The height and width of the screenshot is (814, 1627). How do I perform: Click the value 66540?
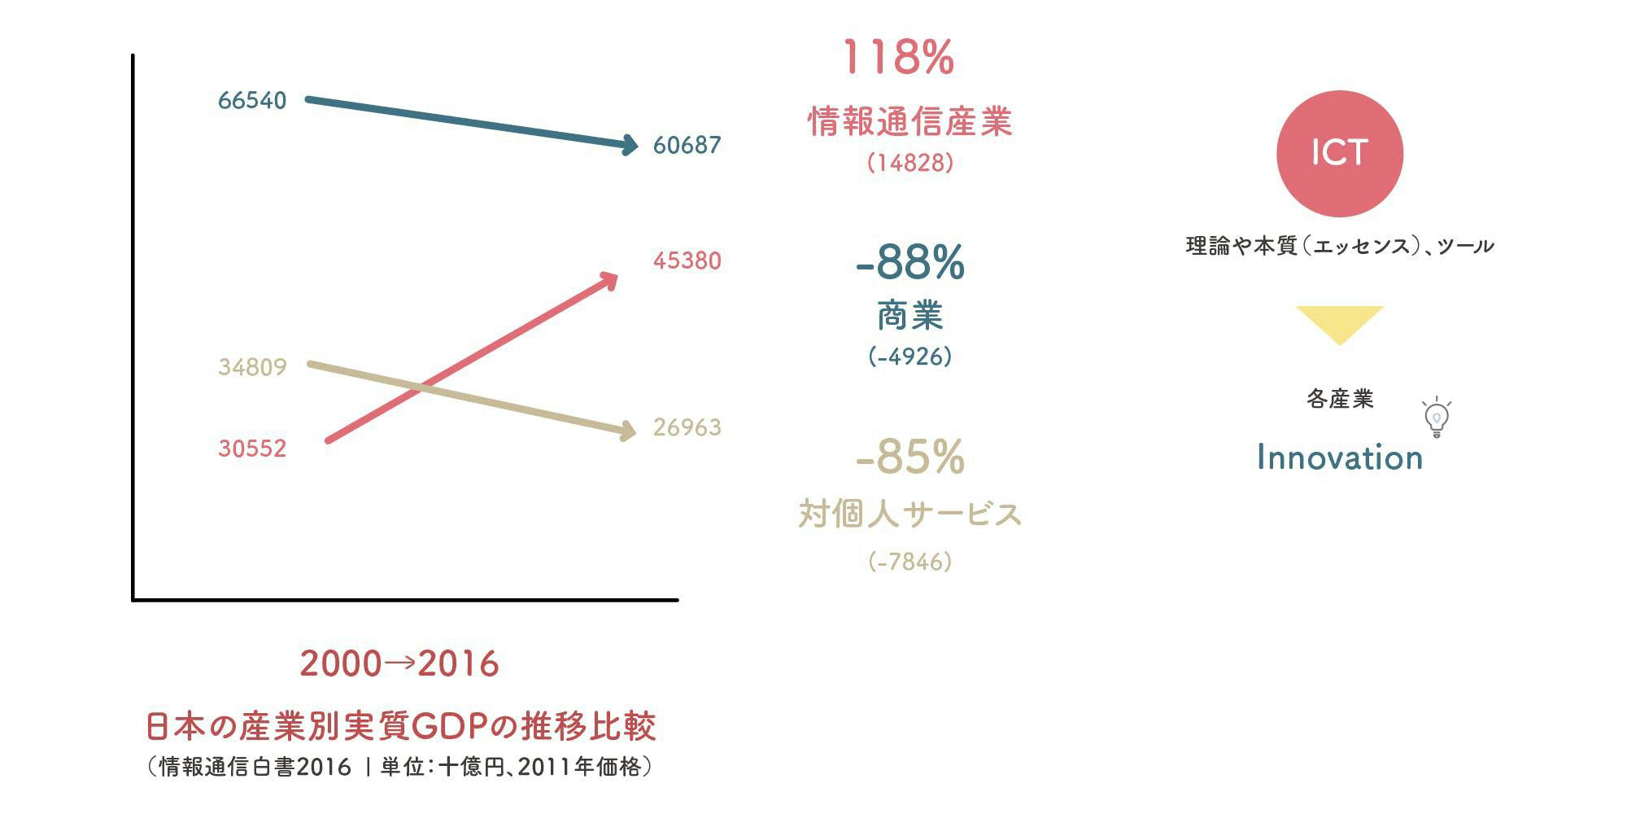click(x=252, y=101)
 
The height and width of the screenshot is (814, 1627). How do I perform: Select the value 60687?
click(x=687, y=146)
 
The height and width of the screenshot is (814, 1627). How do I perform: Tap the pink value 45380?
click(x=687, y=261)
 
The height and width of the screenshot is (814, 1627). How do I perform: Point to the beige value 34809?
click(x=252, y=368)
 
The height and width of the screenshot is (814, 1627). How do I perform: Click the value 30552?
click(x=252, y=449)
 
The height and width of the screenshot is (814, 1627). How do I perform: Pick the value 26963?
click(x=687, y=428)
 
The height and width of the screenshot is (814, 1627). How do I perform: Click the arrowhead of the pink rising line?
click(x=608, y=280)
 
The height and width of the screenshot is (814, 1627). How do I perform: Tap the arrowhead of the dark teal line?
click(x=629, y=146)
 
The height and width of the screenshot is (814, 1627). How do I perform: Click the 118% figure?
click(x=898, y=59)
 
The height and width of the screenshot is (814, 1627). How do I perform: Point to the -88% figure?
click(x=909, y=262)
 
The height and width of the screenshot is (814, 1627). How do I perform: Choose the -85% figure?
click(x=909, y=457)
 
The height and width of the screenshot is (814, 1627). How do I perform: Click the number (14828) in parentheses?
click(x=909, y=163)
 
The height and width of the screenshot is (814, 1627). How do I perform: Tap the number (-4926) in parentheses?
click(x=909, y=357)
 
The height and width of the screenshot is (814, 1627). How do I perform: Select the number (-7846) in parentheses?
click(x=909, y=562)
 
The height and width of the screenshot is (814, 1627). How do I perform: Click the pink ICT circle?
click(x=1339, y=153)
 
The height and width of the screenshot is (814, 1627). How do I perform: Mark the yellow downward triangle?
click(x=1339, y=322)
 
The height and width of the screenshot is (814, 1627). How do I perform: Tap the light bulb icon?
click(x=1437, y=418)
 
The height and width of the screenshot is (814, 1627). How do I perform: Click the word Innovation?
click(x=1339, y=458)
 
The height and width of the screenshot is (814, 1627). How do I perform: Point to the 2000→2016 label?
click(x=399, y=664)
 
